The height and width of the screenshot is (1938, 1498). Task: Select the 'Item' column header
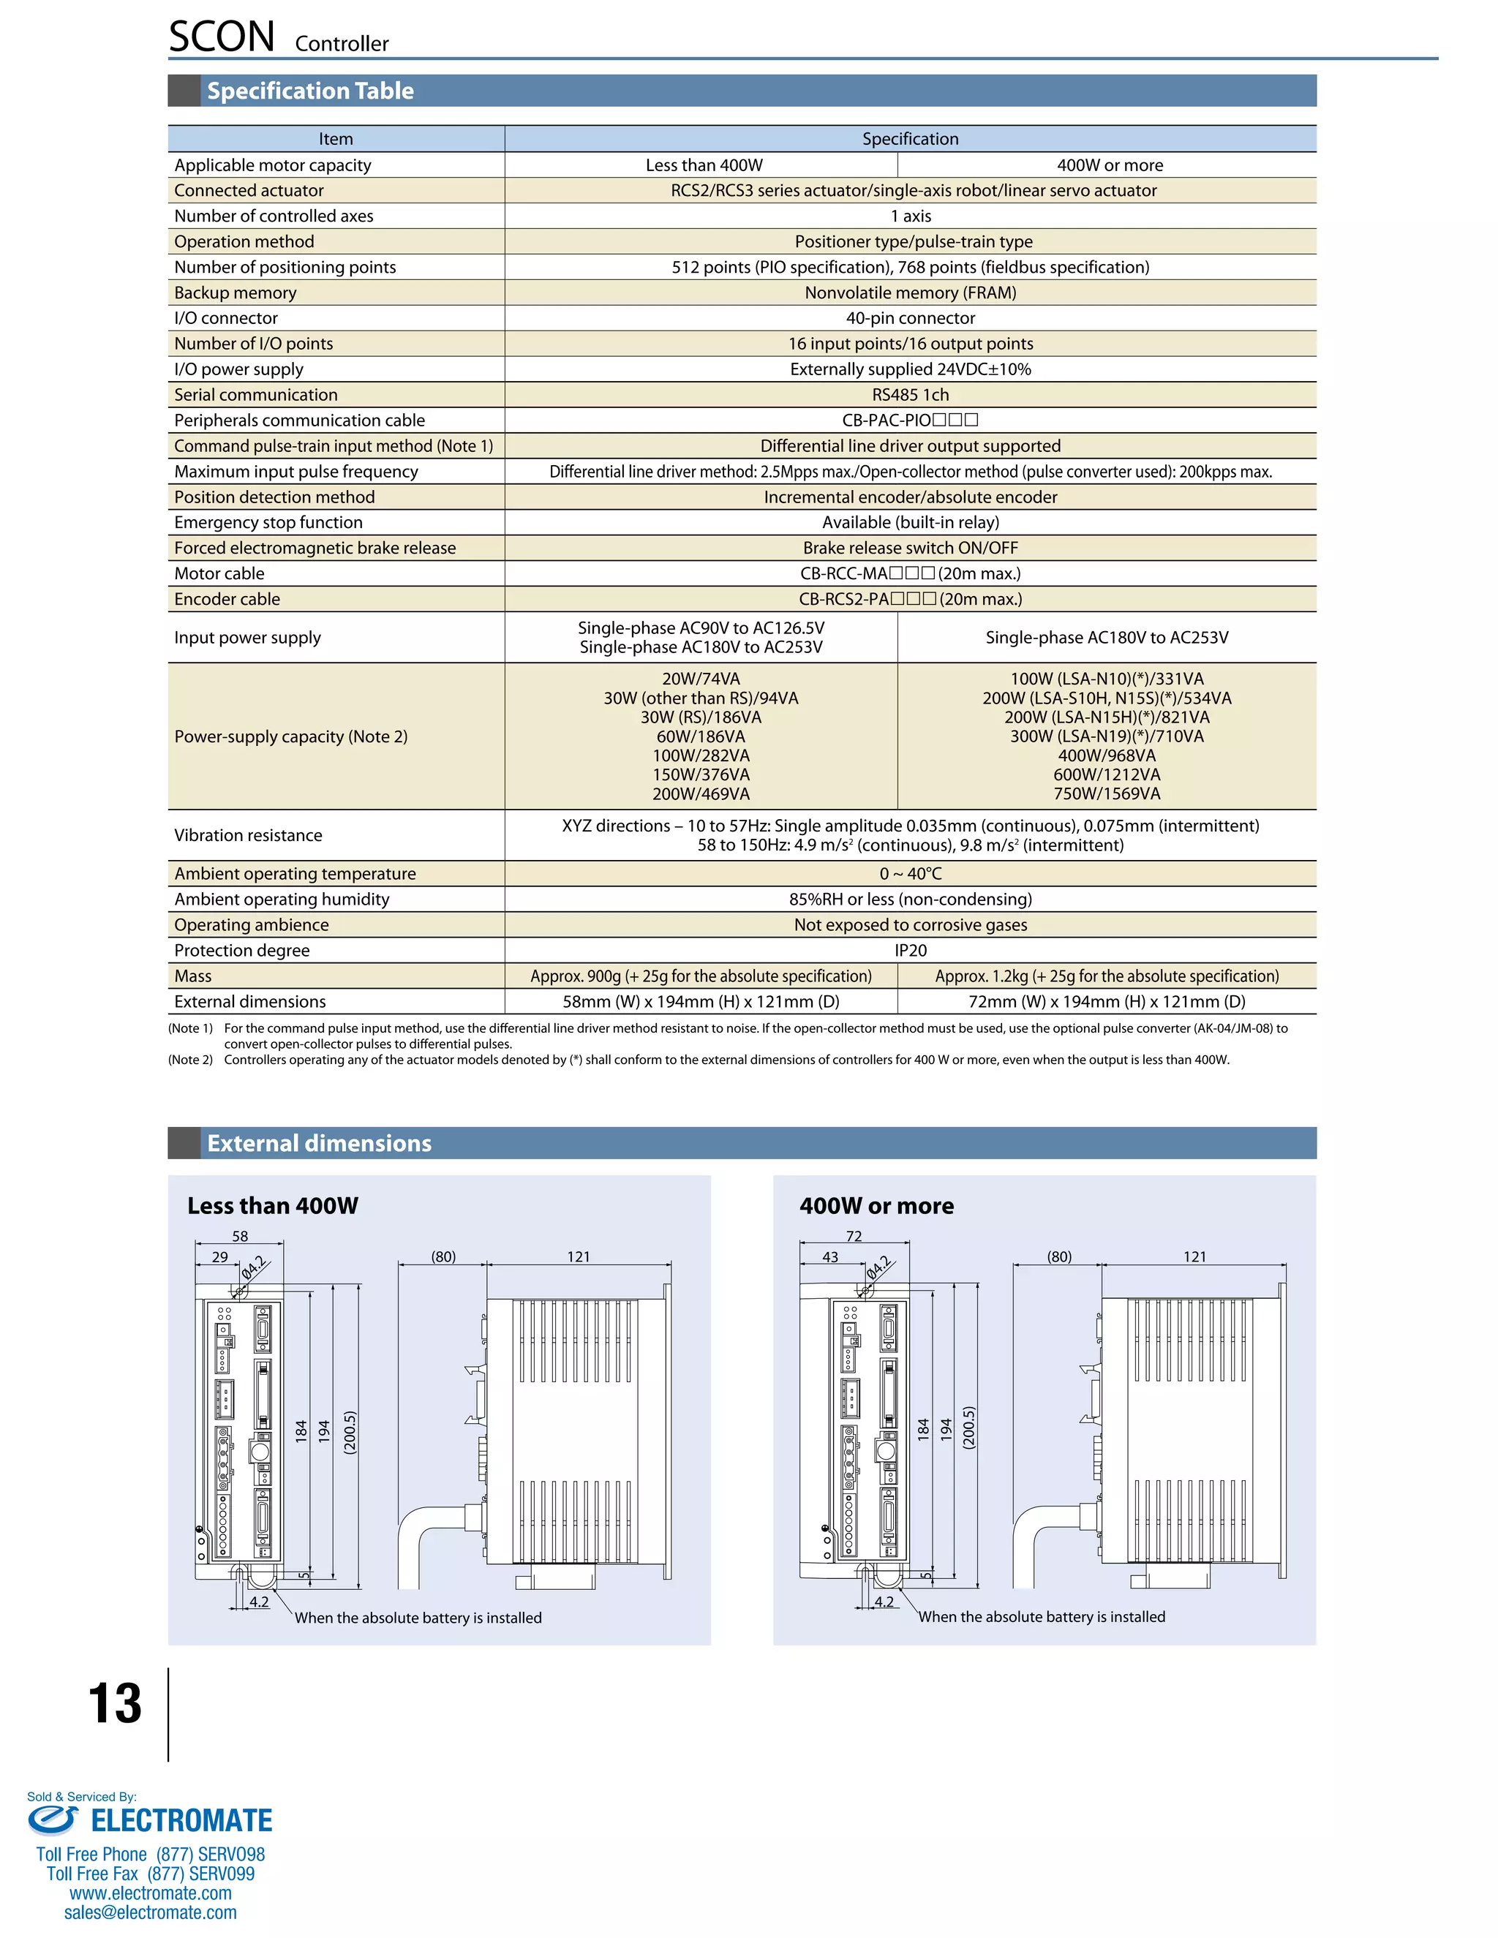[336, 138]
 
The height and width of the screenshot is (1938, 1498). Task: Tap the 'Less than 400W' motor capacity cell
[704, 165]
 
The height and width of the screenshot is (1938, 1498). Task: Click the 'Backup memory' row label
[236, 293]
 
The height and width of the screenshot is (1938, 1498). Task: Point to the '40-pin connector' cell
[910, 317]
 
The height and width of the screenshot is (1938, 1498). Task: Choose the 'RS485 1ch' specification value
[910, 395]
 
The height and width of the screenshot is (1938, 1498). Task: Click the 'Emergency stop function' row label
[268, 523]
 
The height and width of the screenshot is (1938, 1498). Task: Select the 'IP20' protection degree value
[910, 951]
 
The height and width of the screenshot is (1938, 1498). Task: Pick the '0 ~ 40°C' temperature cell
[910, 874]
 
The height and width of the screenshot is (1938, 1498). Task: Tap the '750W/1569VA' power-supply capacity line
[1107, 794]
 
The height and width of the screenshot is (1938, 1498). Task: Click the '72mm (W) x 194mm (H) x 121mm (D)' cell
[1107, 1002]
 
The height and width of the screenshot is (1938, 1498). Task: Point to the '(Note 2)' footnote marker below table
[190, 1060]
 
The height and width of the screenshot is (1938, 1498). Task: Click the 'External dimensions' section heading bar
[320, 1143]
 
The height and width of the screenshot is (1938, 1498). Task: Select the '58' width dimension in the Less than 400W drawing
[240, 1236]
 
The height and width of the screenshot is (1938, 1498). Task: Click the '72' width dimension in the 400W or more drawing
[854, 1236]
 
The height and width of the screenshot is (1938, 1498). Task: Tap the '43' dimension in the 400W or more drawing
[829, 1256]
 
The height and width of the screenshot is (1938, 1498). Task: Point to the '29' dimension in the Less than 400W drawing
[219, 1256]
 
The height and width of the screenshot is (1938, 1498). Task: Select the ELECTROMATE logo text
[181, 1821]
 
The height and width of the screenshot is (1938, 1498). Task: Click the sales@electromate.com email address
[150, 1912]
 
